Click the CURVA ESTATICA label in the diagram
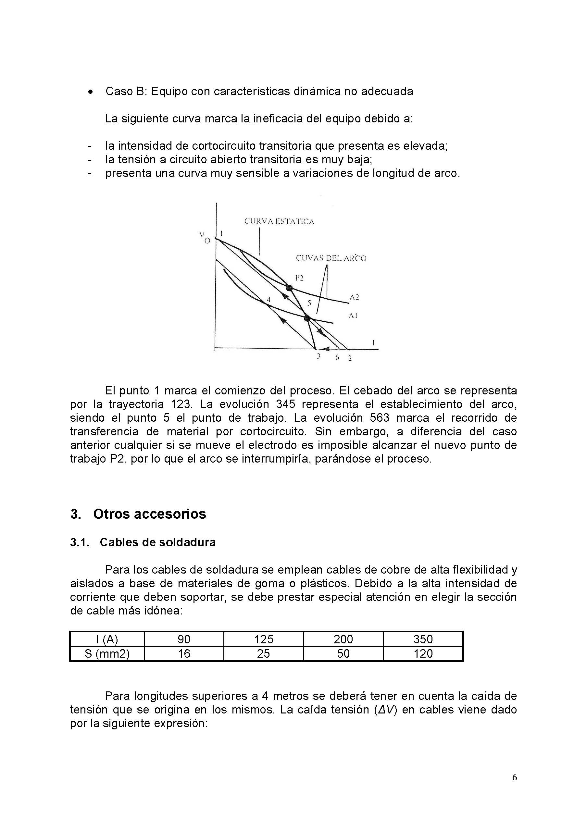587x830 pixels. [279, 222]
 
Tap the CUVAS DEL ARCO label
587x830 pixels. [331, 258]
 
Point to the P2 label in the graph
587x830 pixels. [299, 278]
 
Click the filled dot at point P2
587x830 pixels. [289, 288]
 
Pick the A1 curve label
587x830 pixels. [353, 315]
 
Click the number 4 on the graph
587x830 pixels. [269, 299]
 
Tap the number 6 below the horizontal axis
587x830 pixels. [337, 357]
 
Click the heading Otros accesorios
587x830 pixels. [149, 514]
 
